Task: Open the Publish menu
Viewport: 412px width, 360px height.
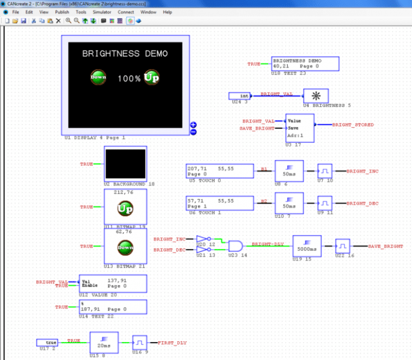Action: (x=62, y=12)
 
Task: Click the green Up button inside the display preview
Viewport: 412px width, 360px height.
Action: (x=152, y=78)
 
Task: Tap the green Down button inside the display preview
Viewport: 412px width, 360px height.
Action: (x=98, y=77)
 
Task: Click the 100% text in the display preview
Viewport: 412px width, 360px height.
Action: (x=128, y=79)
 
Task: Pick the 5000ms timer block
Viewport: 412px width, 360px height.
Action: (x=308, y=246)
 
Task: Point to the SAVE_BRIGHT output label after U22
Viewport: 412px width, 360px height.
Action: (x=385, y=247)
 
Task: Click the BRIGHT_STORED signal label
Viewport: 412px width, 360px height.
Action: (x=353, y=125)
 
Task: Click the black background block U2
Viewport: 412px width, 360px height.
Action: (x=125, y=163)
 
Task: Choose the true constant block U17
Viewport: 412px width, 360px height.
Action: (x=47, y=342)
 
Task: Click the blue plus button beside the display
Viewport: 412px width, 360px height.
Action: (x=193, y=125)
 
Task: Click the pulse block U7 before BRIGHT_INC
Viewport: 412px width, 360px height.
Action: (x=324, y=171)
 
